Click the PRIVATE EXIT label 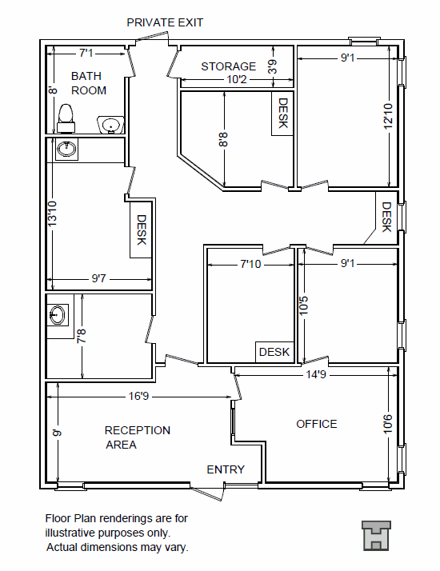[165, 22]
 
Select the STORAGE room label [229, 66]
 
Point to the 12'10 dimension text [389, 117]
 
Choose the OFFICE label [317, 424]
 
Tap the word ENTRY [226, 469]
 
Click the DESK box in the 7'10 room [274, 352]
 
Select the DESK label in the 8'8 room [282, 114]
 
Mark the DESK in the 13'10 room [141, 230]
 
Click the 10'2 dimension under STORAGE [238, 80]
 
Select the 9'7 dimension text [100, 279]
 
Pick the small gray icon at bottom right [375, 535]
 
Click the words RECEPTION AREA [137, 437]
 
